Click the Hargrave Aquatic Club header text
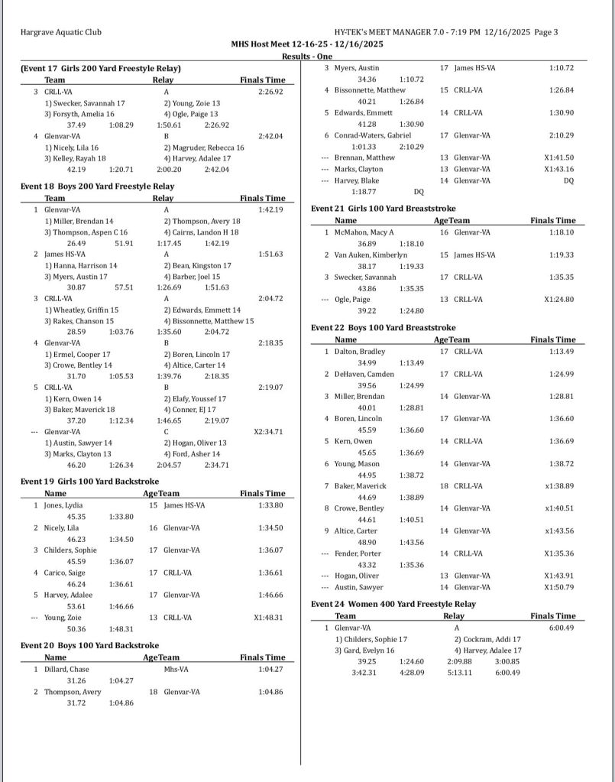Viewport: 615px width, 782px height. pos(60,32)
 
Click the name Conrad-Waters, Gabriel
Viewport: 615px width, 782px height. pos(373,135)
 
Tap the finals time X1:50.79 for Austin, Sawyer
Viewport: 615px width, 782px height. pos(558,587)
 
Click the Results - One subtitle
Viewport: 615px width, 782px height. pos(307,57)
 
